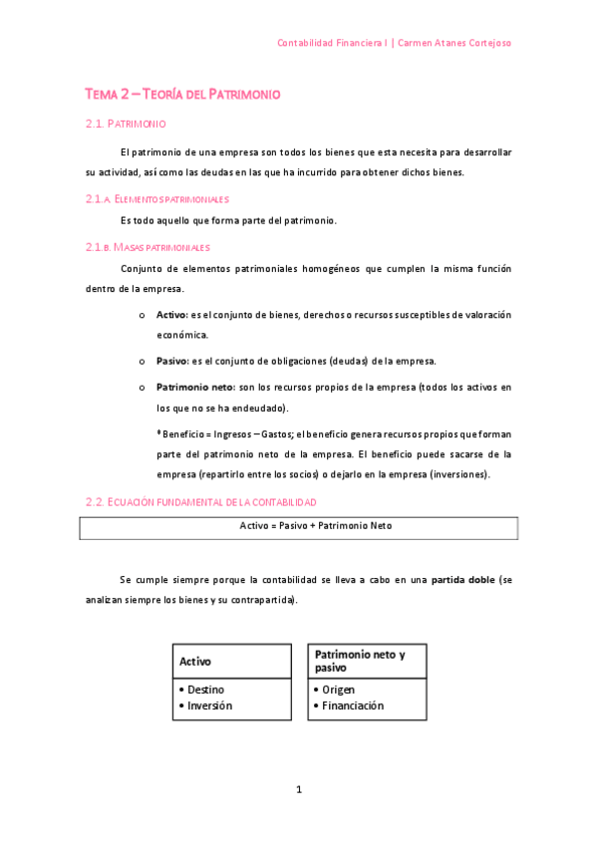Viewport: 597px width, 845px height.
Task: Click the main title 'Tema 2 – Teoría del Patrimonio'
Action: pyautogui.click(x=182, y=94)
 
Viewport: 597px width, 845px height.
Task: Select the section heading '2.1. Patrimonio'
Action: pyautogui.click(x=126, y=125)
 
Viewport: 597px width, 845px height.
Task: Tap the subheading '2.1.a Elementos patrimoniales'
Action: pyautogui.click(x=157, y=199)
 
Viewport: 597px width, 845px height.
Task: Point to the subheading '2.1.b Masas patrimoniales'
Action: pyautogui.click(x=148, y=246)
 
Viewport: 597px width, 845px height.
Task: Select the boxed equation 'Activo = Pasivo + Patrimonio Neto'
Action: pyautogui.click(x=298, y=526)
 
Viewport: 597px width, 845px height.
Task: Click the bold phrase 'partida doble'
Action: pyautogui.click(x=461, y=579)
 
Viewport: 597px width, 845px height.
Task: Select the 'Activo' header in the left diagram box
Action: pyautogui.click(x=195, y=661)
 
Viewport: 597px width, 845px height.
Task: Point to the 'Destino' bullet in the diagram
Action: pyautogui.click(x=205, y=690)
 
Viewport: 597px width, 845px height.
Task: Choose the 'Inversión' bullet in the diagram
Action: pyautogui.click(x=209, y=705)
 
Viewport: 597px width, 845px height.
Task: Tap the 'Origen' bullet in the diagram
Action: pyautogui.click(x=338, y=690)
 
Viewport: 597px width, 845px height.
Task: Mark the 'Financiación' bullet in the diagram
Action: pyautogui.click(x=352, y=705)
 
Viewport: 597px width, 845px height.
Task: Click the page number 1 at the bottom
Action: pyautogui.click(x=298, y=790)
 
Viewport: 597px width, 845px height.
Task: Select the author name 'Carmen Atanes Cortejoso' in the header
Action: pyautogui.click(x=455, y=43)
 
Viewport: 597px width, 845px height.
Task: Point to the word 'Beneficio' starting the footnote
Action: pyautogui.click(x=185, y=433)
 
